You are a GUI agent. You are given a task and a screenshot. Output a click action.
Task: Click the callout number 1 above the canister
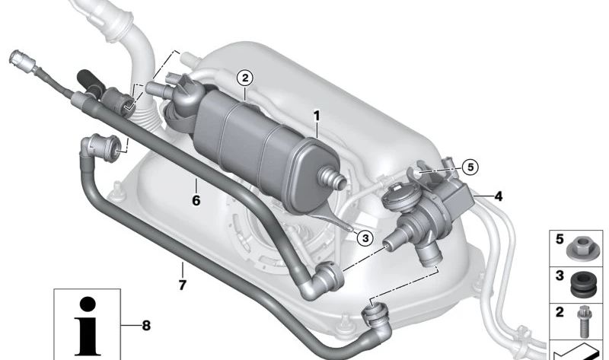pos(316,116)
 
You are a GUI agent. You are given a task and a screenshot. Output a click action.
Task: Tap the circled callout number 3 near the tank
pos(365,238)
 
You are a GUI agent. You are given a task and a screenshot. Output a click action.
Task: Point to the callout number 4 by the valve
pos(499,196)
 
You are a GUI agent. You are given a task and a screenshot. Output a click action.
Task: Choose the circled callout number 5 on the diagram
pos(470,166)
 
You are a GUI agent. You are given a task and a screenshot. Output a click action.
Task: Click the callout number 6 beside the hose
pos(196,202)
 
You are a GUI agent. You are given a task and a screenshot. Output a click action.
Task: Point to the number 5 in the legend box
pos(560,239)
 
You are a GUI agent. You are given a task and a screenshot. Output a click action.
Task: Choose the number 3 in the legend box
pos(560,276)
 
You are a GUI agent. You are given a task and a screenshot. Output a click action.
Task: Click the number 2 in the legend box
pos(560,312)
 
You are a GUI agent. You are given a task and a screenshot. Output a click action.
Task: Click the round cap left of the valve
pos(397,200)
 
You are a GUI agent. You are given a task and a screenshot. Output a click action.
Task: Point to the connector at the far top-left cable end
pos(18,59)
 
